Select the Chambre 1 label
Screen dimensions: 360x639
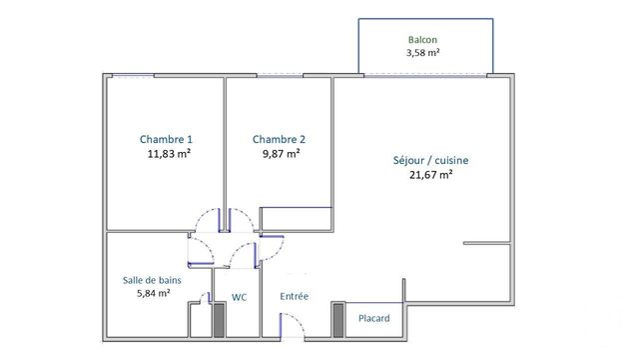[x=166, y=139]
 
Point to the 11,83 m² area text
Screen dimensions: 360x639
[x=168, y=154]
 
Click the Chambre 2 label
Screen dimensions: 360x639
[x=279, y=139]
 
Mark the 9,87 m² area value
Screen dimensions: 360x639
[x=281, y=154]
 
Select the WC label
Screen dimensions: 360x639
[x=240, y=297]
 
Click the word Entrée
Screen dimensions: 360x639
[x=295, y=297]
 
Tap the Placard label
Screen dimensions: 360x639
[x=374, y=318]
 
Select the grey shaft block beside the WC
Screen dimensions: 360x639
[x=219, y=319]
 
